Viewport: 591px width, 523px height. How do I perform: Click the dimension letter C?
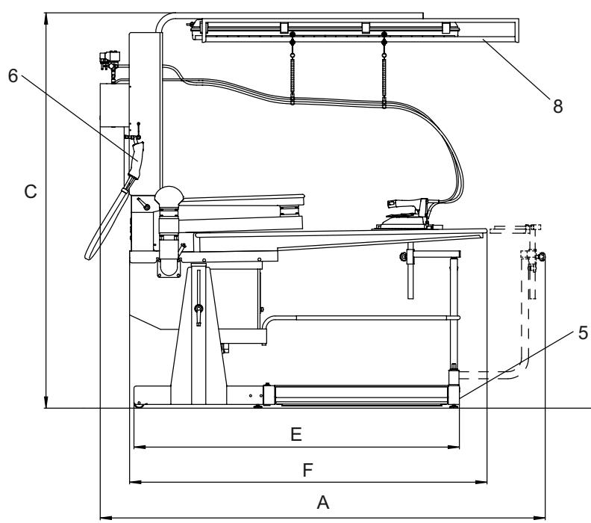click(x=29, y=192)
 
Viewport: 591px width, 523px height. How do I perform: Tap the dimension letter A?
click(x=323, y=503)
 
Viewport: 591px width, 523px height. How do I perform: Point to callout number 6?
click(x=12, y=78)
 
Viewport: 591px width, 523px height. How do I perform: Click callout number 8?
click(x=557, y=105)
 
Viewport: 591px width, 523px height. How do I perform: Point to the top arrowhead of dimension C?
click(x=46, y=16)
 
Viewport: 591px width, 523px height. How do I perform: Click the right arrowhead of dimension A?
click(x=542, y=516)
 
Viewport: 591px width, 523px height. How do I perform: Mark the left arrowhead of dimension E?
click(x=137, y=448)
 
